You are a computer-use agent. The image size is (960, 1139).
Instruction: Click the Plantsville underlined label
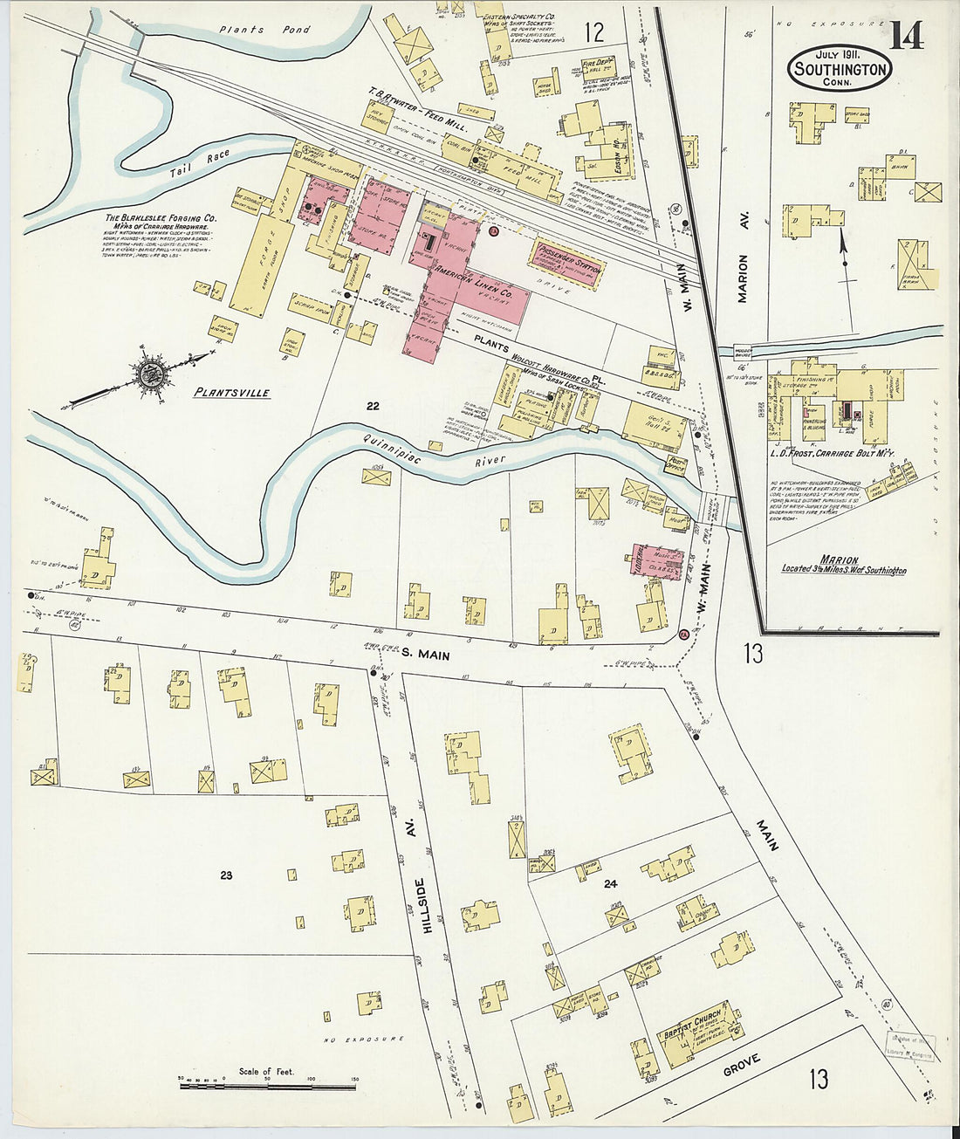231,393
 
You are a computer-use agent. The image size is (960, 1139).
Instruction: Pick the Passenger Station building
569,263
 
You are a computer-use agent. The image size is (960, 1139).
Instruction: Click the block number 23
226,875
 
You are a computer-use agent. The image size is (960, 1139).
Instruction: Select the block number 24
610,884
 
